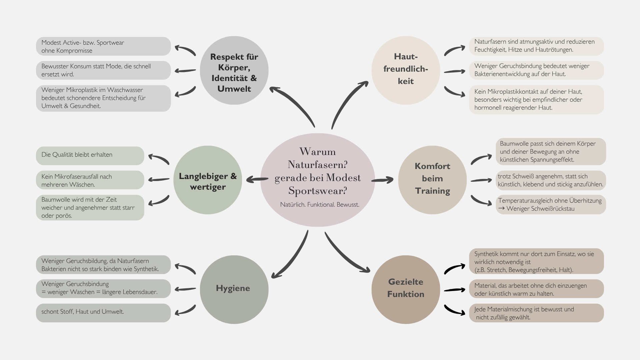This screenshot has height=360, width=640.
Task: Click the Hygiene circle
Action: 234,289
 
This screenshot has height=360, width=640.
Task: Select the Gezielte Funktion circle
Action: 406,289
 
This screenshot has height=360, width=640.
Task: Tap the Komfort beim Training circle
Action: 432,180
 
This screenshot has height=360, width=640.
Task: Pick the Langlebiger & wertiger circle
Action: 208,180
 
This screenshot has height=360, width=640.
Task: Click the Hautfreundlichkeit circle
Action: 406,70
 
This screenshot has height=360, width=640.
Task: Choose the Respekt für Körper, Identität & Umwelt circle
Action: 234,70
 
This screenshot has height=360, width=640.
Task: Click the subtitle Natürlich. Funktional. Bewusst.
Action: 320,205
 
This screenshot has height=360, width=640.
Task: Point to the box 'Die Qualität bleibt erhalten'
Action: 90,155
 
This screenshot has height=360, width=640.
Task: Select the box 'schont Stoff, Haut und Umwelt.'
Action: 103,313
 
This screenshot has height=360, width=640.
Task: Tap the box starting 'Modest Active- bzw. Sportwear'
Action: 103,46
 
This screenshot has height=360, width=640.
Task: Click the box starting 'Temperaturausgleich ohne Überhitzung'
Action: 551,204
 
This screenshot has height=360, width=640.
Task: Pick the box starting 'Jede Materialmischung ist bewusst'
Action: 536,313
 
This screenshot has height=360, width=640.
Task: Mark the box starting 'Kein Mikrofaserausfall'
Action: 90,180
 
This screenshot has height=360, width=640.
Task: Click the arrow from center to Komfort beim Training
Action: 382,180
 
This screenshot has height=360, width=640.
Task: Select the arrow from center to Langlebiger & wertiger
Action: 257,180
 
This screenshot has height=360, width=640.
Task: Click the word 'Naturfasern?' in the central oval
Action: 317,165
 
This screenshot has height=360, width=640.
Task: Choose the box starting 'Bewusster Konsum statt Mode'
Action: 103,70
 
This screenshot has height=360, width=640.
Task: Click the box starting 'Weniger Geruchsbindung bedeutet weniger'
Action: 536,70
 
